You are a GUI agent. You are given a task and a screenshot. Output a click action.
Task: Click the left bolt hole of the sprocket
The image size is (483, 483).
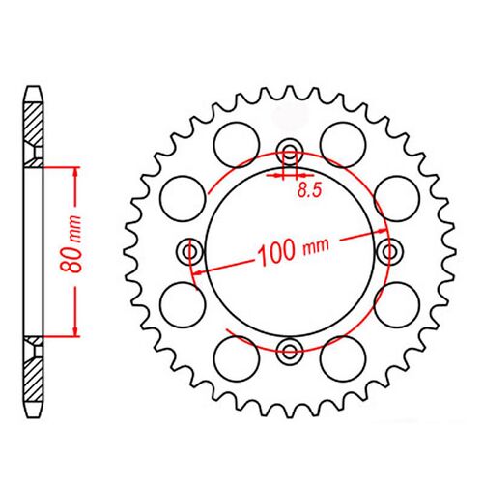[189, 251]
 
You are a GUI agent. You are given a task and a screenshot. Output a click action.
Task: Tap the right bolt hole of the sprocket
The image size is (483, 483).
[390, 251]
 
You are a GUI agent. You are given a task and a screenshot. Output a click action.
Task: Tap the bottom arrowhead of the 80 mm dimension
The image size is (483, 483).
[73, 333]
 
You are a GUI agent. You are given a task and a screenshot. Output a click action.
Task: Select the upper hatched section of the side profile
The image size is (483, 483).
[35, 130]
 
